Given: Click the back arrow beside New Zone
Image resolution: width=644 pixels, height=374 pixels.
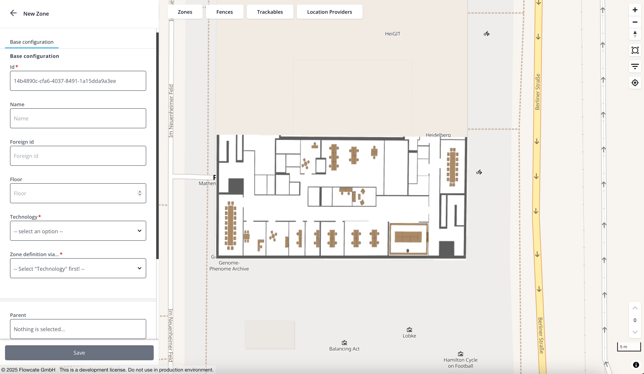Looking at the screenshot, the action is tap(13, 13).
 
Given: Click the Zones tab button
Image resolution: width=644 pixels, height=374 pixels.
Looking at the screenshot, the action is tap(185, 12).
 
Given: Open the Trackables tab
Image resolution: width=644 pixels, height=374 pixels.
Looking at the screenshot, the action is tap(270, 12).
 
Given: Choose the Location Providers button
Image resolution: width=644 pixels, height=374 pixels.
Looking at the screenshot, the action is tap(329, 12).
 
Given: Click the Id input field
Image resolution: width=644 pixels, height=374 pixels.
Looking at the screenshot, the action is tap(78, 81).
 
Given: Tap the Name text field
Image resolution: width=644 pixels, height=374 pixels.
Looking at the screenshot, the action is tap(78, 118).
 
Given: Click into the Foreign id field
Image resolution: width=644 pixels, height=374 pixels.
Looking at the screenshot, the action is tap(78, 156).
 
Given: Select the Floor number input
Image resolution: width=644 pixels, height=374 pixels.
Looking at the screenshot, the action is tap(78, 193).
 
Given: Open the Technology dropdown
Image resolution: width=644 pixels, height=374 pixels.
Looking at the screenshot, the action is tap(78, 231).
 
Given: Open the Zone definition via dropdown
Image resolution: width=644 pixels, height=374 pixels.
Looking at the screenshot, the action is tap(78, 268).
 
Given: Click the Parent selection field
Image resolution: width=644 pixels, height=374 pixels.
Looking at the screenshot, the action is tap(78, 329).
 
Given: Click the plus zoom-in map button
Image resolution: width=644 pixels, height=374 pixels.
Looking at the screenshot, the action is tap(635, 10).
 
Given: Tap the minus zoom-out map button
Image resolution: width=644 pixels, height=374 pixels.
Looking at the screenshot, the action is tap(635, 22).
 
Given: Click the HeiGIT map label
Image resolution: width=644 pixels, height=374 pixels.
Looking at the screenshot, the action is tap(393, 34).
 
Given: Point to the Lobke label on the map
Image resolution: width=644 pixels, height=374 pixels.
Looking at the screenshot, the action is tap(409, 336).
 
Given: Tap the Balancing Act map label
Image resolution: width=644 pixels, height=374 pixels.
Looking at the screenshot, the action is tap(344, 349).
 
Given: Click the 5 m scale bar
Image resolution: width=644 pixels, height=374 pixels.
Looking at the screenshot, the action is tap(629, 347).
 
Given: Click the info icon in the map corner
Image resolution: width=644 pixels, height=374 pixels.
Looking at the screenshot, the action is tap(636, 365).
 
